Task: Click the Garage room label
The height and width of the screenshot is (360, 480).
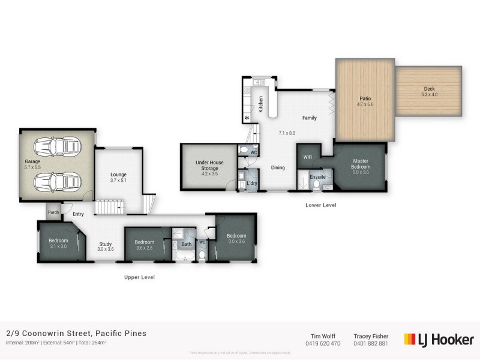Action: pos(32,161)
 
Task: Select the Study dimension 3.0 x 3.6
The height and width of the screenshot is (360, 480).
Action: pos(106,249)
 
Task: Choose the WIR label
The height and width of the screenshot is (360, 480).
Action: pos(308,157)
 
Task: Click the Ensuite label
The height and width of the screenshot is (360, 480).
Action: pos(317,177)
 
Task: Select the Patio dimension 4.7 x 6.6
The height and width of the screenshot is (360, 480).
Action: pos(365,104)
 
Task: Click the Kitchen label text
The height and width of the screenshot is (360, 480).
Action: pos(261,104)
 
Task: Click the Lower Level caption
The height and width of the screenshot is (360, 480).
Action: pos(321,205)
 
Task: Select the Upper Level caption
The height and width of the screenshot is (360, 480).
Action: pos(140,277)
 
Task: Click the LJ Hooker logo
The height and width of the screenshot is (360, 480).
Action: pos(439,339)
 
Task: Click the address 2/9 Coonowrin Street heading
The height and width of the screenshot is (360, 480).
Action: pos(76,333)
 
